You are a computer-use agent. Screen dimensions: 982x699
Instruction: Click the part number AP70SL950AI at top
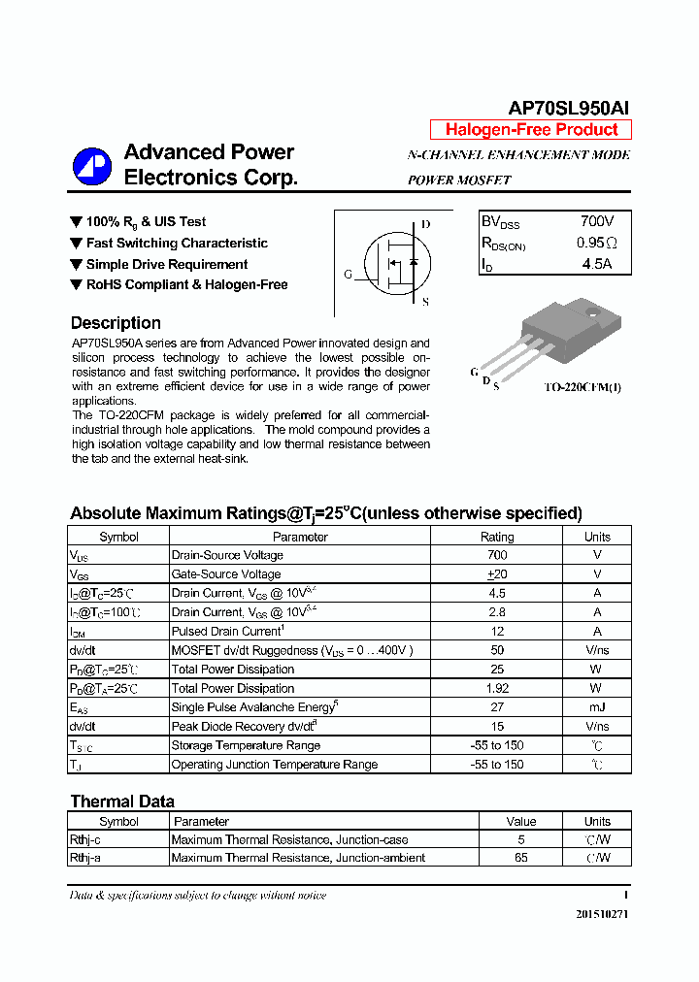(x=570, y=109)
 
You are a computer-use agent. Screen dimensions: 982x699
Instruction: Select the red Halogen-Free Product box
(x=531, y=130)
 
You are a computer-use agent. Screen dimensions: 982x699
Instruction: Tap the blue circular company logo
(x=92, y=166)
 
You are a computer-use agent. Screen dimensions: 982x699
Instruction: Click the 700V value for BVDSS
(x=596, y=222)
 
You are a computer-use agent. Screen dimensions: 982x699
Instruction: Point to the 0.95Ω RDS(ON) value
(x=596, y=243)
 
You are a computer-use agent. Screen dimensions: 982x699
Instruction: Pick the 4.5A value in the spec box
(x=596, y=263)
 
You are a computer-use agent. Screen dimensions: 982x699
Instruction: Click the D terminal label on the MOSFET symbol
(x=425, y=224)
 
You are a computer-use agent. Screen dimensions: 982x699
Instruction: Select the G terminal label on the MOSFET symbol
(x=348, y=275)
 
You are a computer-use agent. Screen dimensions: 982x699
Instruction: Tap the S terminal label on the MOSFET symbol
(x=425, y=302)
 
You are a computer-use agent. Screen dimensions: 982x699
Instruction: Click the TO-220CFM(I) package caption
(x=582, y=386)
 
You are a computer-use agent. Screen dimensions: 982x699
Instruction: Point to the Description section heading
(x=116, y=323)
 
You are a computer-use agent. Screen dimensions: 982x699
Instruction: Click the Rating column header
(x=497, y=537)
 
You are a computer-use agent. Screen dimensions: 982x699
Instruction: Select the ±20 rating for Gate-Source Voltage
(x=497, y=574)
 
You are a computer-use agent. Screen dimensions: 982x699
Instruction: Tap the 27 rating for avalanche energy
(x=497, y=707)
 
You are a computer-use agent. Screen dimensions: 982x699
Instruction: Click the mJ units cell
(x=597, y=707)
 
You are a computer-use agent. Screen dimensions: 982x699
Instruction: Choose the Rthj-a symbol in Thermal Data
(x=85, y=858)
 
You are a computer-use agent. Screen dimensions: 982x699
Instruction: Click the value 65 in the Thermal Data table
(x=521, y=858)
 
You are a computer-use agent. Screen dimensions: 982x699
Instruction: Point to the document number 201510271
(x=602, y=914)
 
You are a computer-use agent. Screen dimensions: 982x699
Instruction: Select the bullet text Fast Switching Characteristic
(x=177, y=244)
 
